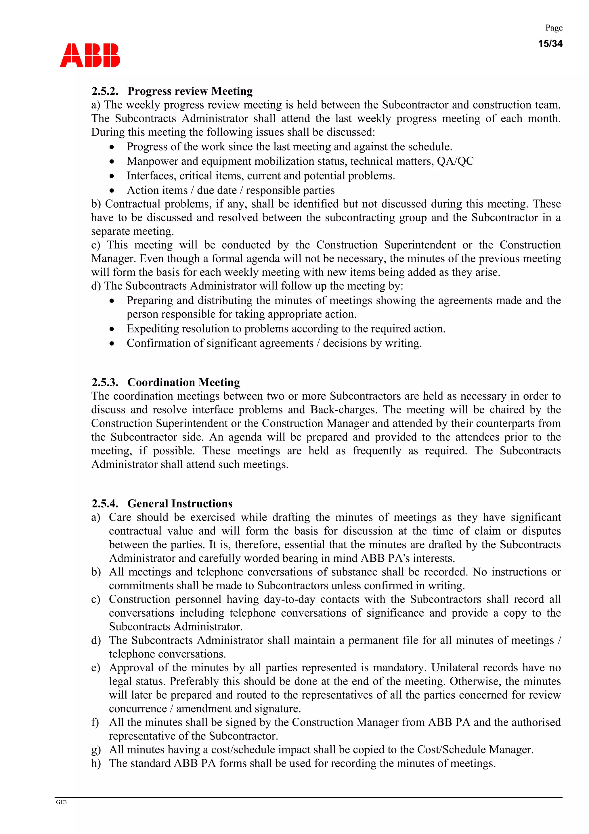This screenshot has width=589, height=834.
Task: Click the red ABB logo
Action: coord(90,55)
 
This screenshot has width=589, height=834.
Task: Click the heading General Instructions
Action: coord(180,504)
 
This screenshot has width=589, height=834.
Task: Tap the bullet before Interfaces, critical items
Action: coord(112,176)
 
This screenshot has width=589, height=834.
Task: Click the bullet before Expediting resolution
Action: coord(112,329)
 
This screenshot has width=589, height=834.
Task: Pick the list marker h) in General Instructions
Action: coord(96,763)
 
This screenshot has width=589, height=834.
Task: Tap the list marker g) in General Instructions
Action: coord(96,750)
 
